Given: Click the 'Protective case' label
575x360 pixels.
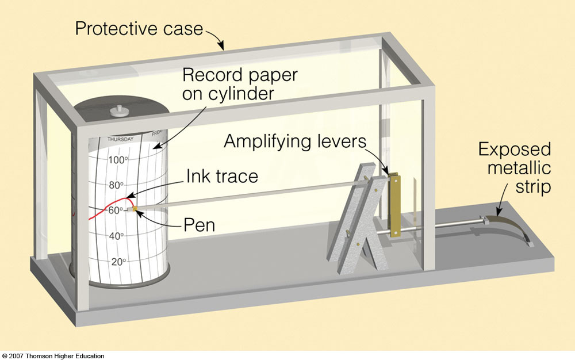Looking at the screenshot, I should click(x=139, y=29).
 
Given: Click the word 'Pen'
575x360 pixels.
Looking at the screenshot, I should click(x=199, y=225).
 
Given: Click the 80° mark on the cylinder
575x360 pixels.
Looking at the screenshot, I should click(x=116, y=185).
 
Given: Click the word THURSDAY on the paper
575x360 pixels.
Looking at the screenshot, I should click(x=120, y=139).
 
